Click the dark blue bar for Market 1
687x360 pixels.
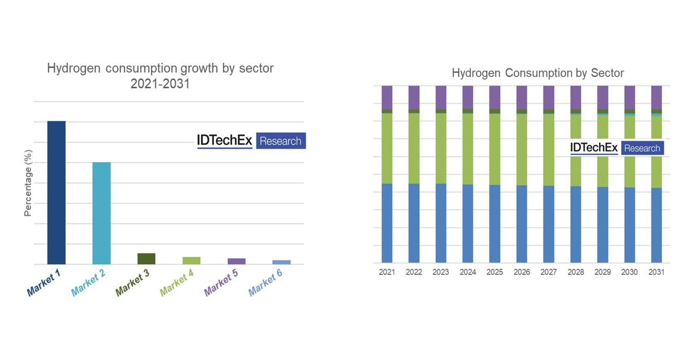pyautogui.click(x=56, y=193)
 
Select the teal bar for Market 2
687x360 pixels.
pyautogui.click(x=101, y=213)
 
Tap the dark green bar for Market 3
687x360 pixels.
pyautogui.click(x=146, y=259)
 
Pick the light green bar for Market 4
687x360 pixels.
pyautogui.click(x=191, y=260)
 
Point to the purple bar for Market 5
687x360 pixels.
pyautogui.click(x=237, y=261)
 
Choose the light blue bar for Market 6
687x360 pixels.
pyautogui.click(x=281, y=262)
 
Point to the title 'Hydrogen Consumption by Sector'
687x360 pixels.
pyautogui.click(x=537, y=73)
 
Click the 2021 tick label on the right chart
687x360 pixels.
pyautogui.click(x=387, y=272)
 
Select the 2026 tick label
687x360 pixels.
pyautogui.click(x=521, y=272)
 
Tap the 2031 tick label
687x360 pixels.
pyautogui.click(x=656, y=272)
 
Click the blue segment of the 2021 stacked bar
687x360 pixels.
pyautogui.click(x=387, y=223)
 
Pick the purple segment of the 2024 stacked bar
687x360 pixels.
pyautogui.click(x=468, y=97)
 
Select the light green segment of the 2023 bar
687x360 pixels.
pyautogui.click(x=441, y=148)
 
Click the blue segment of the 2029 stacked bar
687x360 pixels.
pyautogui.click(x=603, y=225)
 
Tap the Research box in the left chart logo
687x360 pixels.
pyautogui.click(x=280, y=141)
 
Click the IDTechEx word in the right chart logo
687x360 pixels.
pyautogui.click(x=594, y=148)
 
